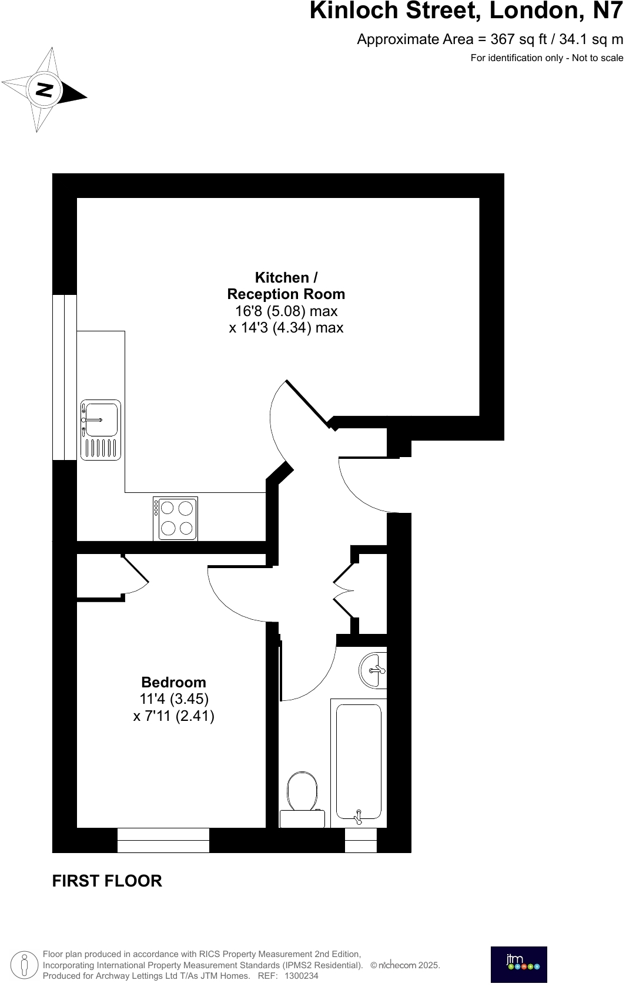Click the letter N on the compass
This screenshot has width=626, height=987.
click(45, 90)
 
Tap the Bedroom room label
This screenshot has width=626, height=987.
click(173, 683)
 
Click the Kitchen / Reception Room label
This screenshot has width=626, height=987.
click(286, 286)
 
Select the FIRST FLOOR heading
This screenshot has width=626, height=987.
click(107, 881)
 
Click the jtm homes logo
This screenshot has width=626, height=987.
click(518, 964)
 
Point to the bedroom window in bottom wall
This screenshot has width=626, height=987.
click(163, 840)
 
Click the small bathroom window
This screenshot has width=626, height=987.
click(360, 840)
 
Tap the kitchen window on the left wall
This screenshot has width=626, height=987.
click(65, 377)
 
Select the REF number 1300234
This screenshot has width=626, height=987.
click(301, 976)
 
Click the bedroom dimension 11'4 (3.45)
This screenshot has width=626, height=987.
click(173, 699)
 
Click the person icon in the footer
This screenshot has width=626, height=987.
click(25, 965)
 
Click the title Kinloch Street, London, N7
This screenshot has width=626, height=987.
click(466, 11)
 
